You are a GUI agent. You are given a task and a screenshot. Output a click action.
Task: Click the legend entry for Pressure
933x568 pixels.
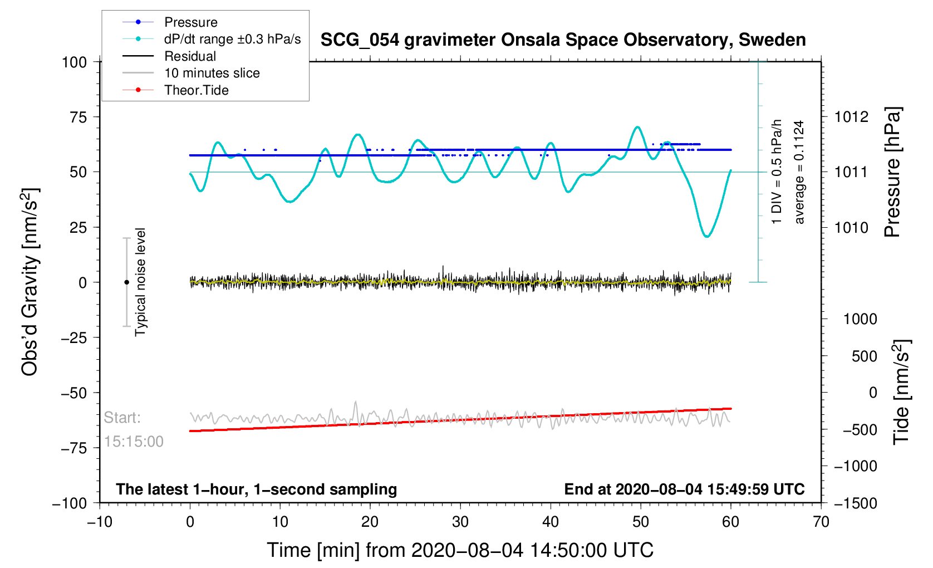190,22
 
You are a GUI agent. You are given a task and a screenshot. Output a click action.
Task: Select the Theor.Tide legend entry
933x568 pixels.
196,90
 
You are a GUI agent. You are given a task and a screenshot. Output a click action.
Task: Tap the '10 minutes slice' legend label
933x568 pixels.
212,73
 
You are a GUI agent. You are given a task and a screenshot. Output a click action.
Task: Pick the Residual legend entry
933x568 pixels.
190,56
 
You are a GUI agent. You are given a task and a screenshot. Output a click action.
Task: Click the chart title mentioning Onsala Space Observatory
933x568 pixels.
563,40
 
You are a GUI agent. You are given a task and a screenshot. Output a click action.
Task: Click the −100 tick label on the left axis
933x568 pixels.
70,503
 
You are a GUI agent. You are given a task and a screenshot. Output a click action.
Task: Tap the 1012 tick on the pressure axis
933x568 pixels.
851,117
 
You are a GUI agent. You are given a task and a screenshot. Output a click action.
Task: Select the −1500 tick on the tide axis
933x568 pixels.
855,503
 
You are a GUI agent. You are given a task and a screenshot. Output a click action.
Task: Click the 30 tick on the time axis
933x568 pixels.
460,522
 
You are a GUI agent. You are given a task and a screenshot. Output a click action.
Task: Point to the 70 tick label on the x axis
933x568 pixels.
821,522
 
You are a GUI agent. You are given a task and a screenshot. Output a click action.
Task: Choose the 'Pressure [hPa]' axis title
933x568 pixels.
892,172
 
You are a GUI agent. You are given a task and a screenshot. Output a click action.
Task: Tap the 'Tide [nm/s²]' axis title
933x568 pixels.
901,392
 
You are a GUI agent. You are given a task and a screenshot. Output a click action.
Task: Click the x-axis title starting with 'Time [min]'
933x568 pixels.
460,550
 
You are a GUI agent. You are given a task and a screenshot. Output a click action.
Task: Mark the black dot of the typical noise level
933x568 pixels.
126,282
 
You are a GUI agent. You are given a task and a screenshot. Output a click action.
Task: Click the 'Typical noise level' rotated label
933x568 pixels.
140,282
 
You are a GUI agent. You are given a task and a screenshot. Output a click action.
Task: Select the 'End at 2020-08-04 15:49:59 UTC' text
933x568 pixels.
684,489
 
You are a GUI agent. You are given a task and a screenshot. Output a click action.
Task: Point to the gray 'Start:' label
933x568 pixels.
122,418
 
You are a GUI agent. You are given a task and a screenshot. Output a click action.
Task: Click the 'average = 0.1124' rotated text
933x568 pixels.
799,172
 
